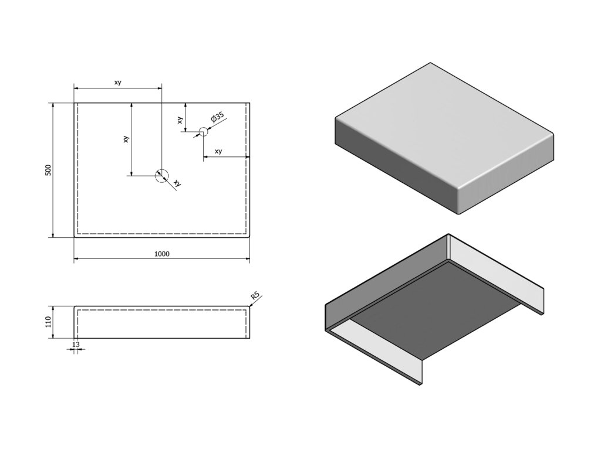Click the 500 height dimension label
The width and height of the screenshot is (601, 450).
point(48,170)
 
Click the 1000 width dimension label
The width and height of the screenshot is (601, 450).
point(161,254)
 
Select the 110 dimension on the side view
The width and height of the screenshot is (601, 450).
point(48,322)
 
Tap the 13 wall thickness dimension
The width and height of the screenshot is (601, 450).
point(75,345)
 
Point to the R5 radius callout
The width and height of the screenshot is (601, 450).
point(254,296)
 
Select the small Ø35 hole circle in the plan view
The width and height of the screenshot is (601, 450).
point(203,132)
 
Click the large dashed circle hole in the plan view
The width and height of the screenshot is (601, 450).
point(161,175)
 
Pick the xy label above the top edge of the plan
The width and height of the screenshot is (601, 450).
point(117,83)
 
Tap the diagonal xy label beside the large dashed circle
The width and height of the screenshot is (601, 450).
point(177,183)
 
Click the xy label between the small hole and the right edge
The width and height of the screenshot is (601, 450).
point(218,151)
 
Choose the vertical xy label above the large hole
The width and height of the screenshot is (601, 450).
point(126,139)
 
